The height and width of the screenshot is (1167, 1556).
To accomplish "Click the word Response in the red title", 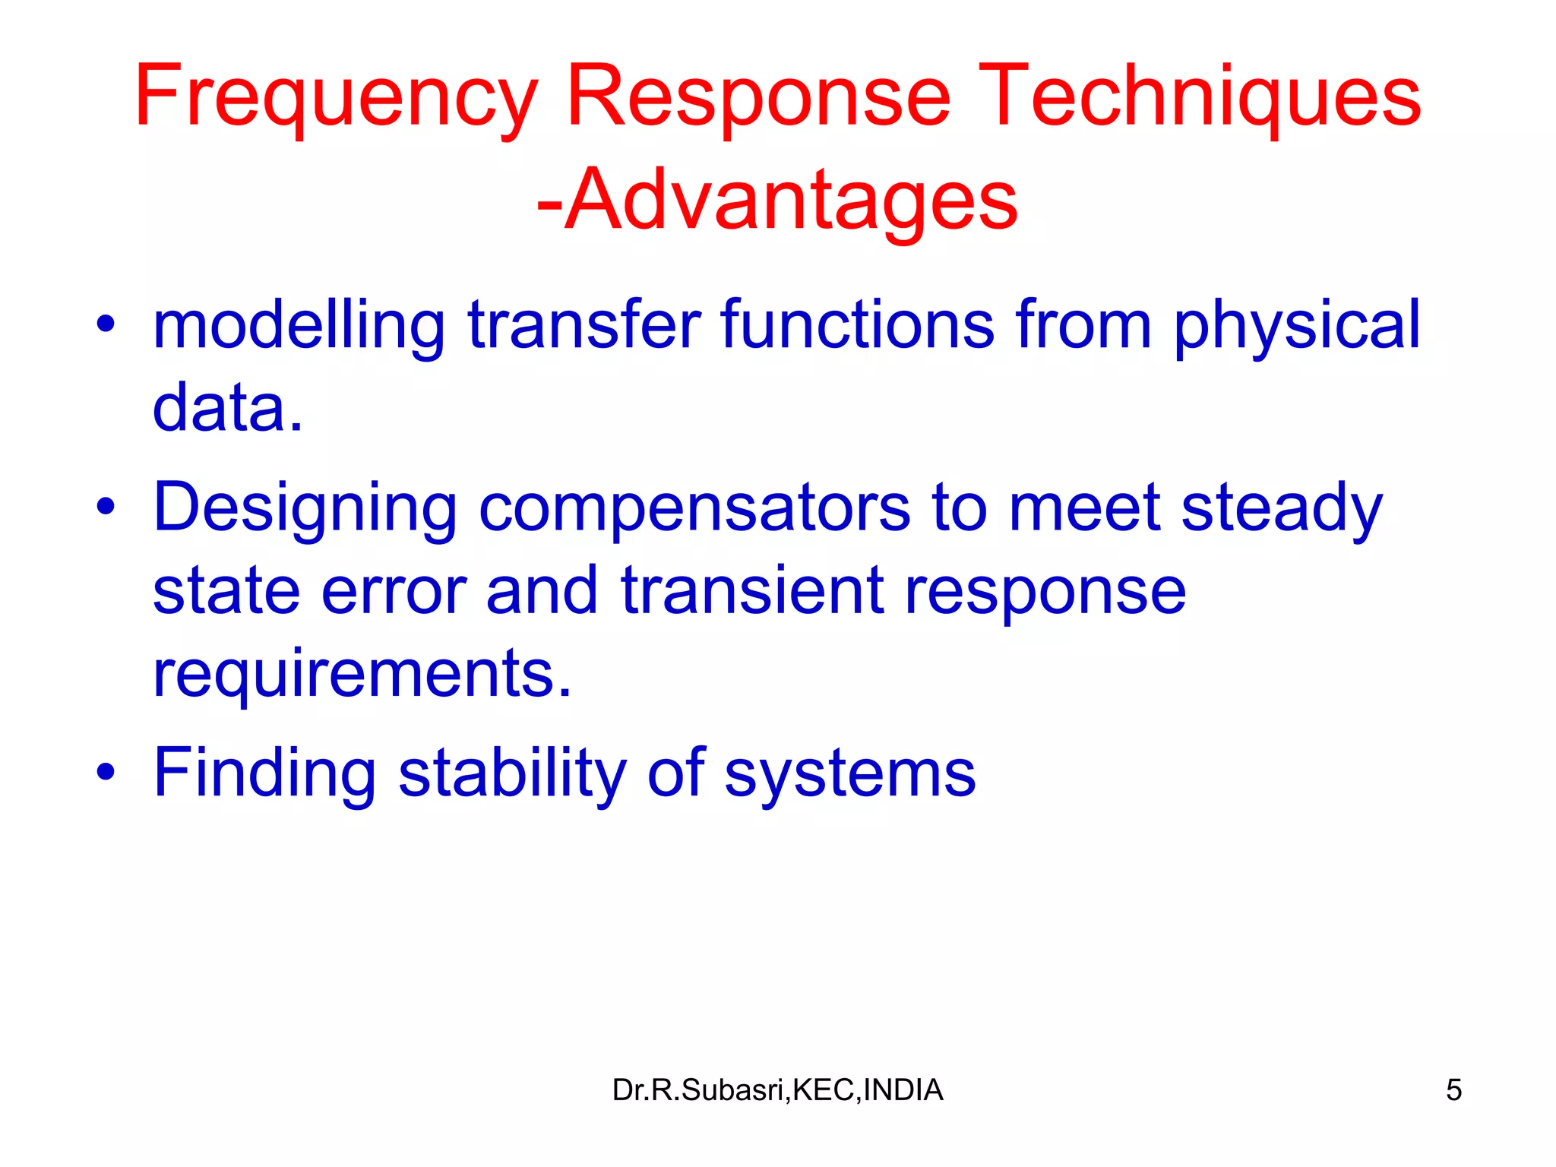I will click(757, 97).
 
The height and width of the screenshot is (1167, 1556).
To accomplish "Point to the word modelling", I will click(299, 325).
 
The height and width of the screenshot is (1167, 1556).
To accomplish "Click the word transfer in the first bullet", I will click(583, 325).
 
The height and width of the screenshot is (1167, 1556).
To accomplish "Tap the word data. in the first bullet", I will click(227, 407).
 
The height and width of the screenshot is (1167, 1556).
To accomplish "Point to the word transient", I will click(752, 590).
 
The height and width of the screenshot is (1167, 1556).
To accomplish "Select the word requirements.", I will click(362, 673).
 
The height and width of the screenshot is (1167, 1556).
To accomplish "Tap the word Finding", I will click(264, 774).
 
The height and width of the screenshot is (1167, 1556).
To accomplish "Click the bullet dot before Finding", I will click(106, 773).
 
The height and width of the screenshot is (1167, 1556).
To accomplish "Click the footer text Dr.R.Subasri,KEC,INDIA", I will click(777, 1090).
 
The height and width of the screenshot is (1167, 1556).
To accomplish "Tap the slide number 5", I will click(1453, 1090).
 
